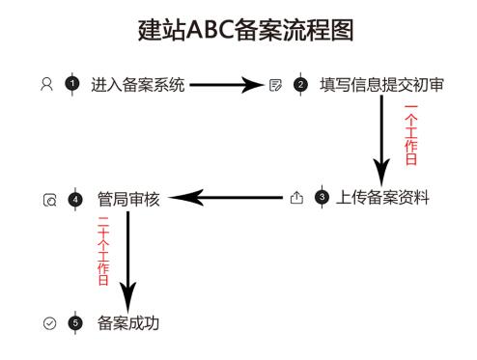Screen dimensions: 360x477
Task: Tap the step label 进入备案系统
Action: pyautogui.click(x=138, y=84)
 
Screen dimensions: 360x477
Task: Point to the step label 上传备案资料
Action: pyautogui.click(x=383, y=199)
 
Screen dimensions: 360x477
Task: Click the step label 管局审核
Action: pyautogui.click(x=128, y=200)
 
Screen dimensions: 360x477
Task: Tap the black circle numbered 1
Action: pyautogui.click(x=71, y=84)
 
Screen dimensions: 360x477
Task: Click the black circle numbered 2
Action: pyautogui.click(x=300, y=84)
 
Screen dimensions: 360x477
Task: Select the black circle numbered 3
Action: pyautogui.click(x=322, y=199)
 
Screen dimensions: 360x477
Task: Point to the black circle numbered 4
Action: pyautogui.click(x=76, y=200)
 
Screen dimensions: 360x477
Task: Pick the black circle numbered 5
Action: pyautogui.click(x=75, y=323)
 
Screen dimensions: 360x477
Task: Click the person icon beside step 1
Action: pyautogui.click(x=45, y=84)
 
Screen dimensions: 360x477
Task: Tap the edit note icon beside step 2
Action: pyautogui.click(x=276, y=85)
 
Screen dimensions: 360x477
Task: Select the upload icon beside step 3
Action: pyautogui.click(x=296, y=199)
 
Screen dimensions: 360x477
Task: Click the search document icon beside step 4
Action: pyautogui.click(x=50, y=201)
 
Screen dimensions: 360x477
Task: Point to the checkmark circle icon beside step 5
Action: pyautogui.click(x=50, y=323)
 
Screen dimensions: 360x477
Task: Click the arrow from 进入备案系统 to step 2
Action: pyautogui.click(x=227, y=85)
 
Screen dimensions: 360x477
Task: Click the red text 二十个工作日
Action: pyautogui.click(x=103, y=250)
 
